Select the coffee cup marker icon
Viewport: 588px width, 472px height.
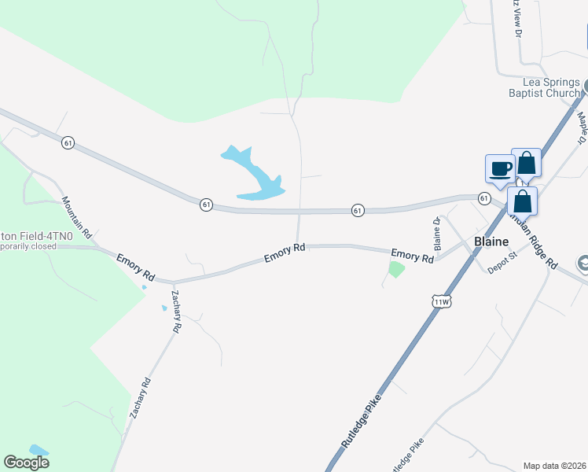coord(500,168)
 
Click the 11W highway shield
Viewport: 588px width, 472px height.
coord(442,301)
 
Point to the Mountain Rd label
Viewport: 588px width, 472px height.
coord(77,218)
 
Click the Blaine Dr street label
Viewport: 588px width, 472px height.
coord(437,230)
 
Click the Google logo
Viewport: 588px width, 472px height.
coord(27,463)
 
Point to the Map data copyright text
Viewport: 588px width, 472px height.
coord(554,465)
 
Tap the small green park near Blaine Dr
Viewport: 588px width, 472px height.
coord(396,270)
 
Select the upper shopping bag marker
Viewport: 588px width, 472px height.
coord(526,164)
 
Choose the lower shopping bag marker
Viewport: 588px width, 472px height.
coord(522,201)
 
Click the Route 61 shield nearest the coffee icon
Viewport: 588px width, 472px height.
coord(484,197)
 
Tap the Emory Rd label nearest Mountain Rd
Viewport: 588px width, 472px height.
coord(136,267)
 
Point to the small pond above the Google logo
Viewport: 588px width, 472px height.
coord(38,451)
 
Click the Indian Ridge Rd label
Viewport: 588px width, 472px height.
coord(531,241)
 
